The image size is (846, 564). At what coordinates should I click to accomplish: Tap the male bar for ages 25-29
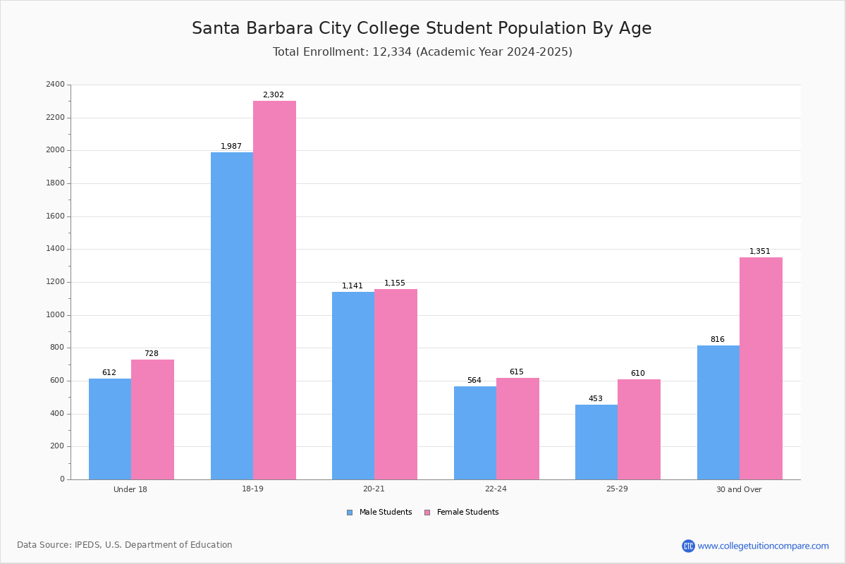pyautogui.click(x=596, y=442)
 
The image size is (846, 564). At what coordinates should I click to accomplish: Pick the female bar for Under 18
pyautogui.click(x=152, y=419)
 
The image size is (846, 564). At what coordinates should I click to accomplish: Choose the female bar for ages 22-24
pyautogui.click(x=517, y=429)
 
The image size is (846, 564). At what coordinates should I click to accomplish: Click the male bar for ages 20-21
pyautogui.click(x=353, y=386)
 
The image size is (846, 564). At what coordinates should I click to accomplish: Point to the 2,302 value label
pyautogui.click(x=274, y=95)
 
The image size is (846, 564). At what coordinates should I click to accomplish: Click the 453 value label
pyautogui.click(x=596, y=399)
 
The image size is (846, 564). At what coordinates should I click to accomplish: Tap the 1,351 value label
pyautogui.click(x=760, y=252)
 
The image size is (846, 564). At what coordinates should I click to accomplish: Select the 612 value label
pyautogui.click(x=109, y=373)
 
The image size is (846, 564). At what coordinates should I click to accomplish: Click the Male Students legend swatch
pyautogui.click(x=350, y=513)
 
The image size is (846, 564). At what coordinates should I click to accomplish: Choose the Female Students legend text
pyautogui.click(x=467, y=513)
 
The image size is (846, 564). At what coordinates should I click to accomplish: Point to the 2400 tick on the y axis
pyautogui.click(x=55, y=85)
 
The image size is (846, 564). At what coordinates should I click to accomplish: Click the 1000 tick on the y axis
pyautogui.click(x=55, y=315)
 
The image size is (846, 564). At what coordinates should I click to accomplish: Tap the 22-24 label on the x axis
pyautogui.click(x=496, y=489)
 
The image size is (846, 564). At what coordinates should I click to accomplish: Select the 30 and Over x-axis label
pyautogui.click(x=739, y=489)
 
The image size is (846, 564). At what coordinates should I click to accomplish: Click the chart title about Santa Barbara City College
pyautogui.click(x=422, y=29)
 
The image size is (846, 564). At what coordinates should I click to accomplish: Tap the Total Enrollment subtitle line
pyautogui.click(x=422, y=52)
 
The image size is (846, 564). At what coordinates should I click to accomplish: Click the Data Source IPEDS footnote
pyautogui.click(x=125, y=545)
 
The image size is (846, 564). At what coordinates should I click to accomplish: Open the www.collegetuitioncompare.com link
pyautogui.click(x=763, y=546)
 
